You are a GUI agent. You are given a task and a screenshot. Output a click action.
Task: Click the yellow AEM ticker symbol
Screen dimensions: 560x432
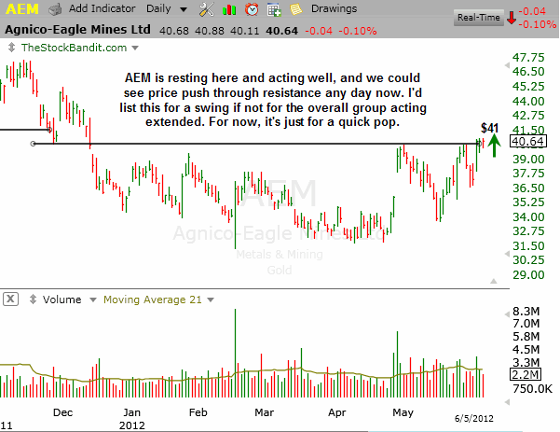coord(22,9)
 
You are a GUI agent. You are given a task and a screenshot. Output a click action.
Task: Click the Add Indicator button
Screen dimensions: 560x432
coord(102,8)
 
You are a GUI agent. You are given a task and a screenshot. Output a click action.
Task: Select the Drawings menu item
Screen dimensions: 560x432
coord(334,8)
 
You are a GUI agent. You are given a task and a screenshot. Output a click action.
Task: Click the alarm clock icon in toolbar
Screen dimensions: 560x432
coord(252,9)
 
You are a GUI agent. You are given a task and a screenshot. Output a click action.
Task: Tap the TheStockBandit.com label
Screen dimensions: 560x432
coord(74,48)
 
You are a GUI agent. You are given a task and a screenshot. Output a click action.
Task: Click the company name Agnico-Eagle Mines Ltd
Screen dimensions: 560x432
coord(78,30)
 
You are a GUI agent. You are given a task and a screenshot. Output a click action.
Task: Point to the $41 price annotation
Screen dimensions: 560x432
coord(489,128)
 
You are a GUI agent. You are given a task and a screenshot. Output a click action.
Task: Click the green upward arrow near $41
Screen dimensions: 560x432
coord(494,146)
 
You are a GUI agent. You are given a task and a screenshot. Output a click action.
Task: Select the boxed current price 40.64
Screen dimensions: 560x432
coord(528,142)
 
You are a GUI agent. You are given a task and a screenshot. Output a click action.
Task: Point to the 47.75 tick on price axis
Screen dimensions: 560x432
coord(528,58)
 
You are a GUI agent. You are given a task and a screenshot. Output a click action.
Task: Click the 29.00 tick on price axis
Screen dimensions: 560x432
coord(528,275)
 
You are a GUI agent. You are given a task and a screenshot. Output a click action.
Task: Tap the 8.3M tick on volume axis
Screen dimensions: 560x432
coord(526,312)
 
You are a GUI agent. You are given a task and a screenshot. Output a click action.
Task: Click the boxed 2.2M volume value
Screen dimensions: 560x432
coord(526,374)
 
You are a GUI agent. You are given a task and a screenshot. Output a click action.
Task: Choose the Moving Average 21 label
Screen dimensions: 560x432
coord(153,300)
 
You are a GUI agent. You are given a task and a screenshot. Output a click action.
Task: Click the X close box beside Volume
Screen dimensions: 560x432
coord(10,299)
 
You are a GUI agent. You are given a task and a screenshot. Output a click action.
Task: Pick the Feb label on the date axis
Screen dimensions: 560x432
coord(198,412)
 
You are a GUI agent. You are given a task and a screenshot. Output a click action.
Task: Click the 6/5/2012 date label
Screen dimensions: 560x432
coord(474,418)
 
